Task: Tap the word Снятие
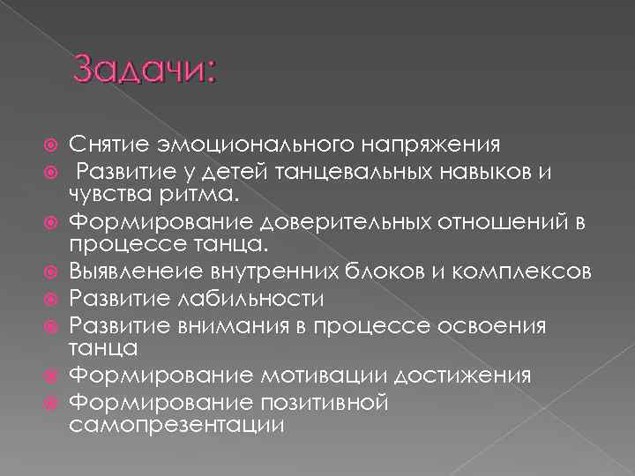[x=105, y=144]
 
